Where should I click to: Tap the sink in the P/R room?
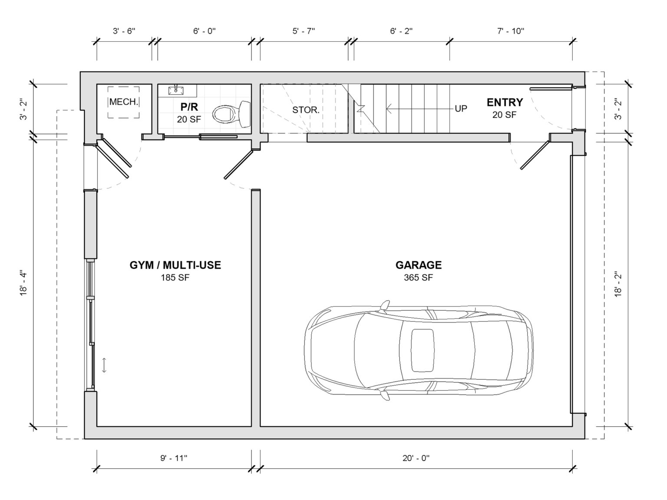[x=176, y=90]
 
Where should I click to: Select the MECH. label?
[x=124, y=102]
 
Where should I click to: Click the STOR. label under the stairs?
[x=306, y=110]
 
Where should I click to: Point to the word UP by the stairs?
[x=461, y=109]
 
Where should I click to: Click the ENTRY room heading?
[x=505, y=102]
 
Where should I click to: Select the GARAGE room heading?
[x=419, y=265]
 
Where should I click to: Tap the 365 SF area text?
[x=419, y=277]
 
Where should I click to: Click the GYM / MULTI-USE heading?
[x=175, y=265]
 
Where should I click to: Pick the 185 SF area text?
[x=175, y=277]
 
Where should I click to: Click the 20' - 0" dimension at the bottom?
[x=416, y=458]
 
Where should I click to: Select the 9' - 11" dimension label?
[x=174, y=458]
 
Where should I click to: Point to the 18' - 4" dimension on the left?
[x=23, y=283]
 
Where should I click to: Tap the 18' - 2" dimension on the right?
[x=618, y=283]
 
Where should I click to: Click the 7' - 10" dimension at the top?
[x=511, y=31]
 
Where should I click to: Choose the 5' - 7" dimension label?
[x=304, y=31]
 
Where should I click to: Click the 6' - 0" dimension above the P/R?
[x=204, y=31]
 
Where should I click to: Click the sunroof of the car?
[x=423, y=350]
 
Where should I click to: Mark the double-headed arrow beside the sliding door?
[x=104, y=365]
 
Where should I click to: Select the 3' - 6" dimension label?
[x=124, y=31]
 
